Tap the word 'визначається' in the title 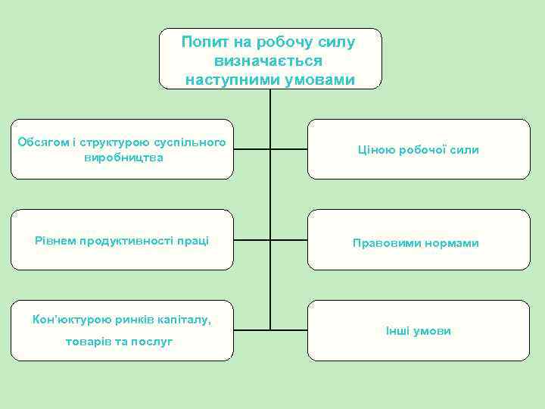tap(269, 61)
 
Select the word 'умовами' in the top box tap(317, 80)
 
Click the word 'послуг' tap(154, 342)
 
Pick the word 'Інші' tap(397, 332)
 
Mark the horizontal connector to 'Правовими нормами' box tap(288, 240)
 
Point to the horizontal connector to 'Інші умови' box tap(288, 330)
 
